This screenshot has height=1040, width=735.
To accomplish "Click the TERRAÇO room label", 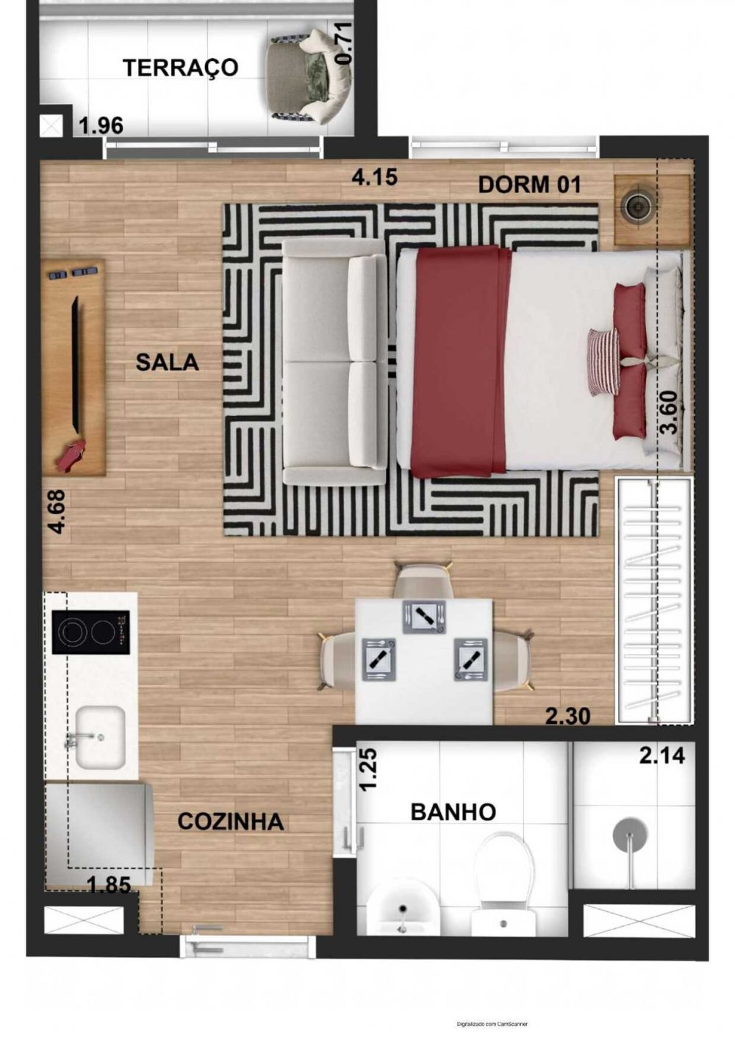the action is click(181, 68).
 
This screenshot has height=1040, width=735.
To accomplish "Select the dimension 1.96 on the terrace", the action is click(101, 126).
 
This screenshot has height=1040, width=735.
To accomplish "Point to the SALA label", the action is click(167, 362).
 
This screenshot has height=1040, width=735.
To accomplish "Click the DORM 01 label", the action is click(529, 185).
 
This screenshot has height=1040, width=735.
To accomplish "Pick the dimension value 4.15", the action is click(375, 177).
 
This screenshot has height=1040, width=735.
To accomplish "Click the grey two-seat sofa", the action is click(334, 362).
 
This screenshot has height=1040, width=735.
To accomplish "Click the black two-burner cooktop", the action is click(90, 632).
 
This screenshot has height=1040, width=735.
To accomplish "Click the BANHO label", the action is click(453, 812).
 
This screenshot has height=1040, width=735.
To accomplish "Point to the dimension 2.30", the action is click(567, 716).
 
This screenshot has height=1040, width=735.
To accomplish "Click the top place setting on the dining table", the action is click(424, 617).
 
